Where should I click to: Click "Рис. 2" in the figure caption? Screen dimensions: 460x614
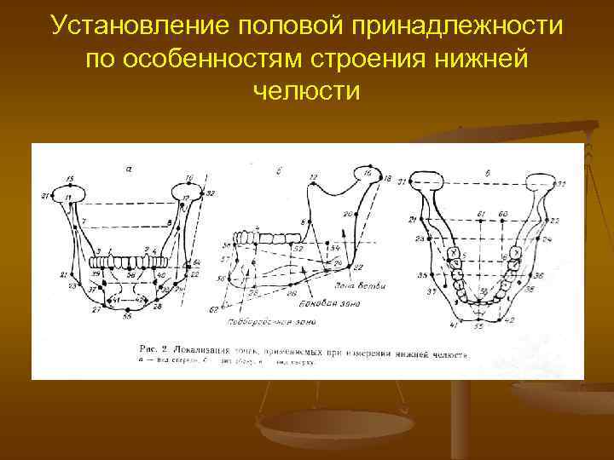point(154,349)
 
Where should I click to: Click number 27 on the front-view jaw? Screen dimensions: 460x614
point(96,313)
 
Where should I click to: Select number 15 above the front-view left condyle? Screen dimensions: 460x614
point(69,178)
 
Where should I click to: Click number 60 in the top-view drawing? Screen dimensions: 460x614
point(504,213)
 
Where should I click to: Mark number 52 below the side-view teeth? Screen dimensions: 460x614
point(298,248)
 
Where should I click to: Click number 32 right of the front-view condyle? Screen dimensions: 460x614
point(211,193)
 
